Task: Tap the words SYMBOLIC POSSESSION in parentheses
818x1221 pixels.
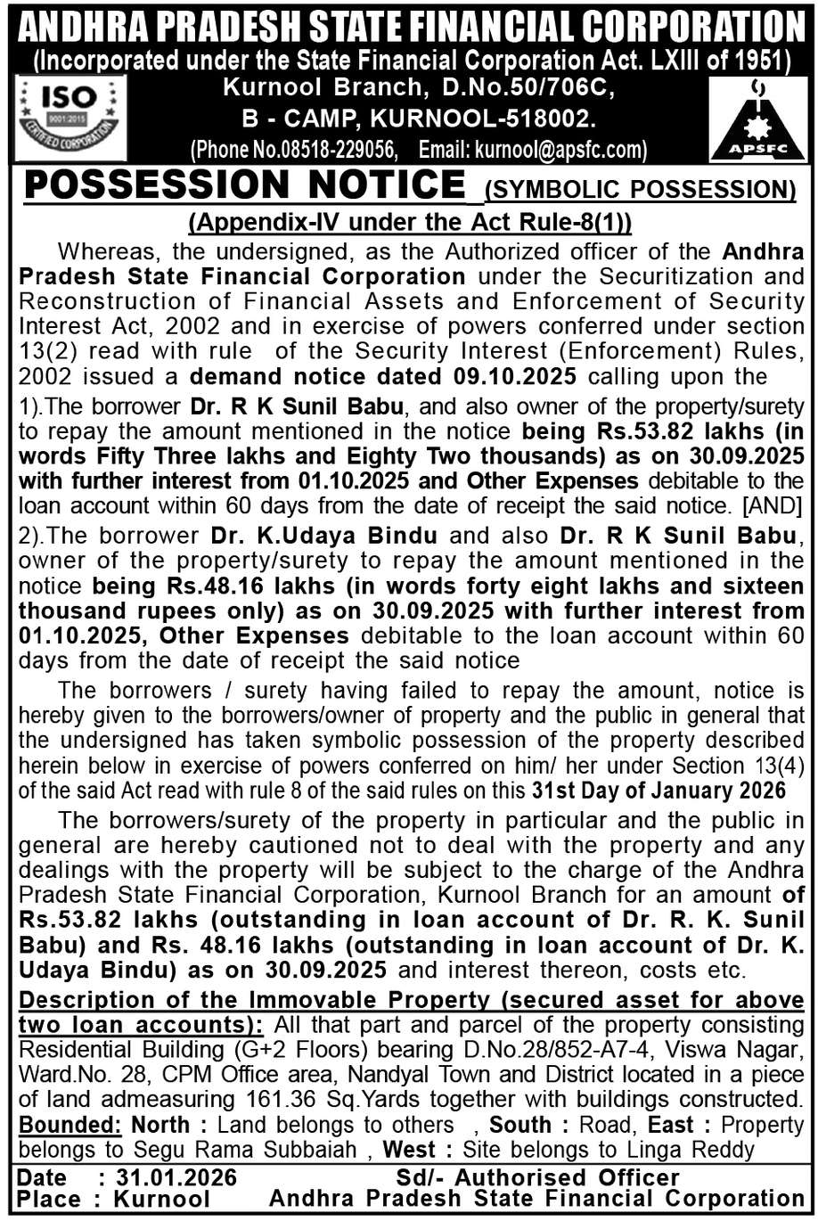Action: pos(640,190)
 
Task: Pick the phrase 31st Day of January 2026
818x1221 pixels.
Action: pos(658,791)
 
